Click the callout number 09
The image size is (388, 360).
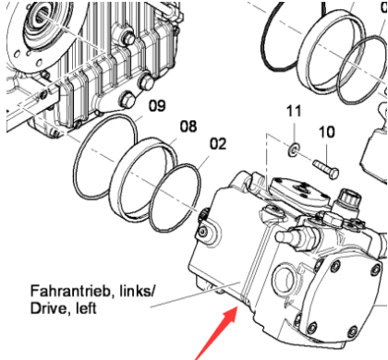click(x=157, y=105)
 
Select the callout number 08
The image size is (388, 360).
click(x=188, y=126)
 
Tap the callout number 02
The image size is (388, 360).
click(x=218, y=144)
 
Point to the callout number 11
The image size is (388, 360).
click(x=294, y=111)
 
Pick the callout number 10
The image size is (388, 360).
click(x=327, y=132)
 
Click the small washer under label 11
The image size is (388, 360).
click(x=294, y=150)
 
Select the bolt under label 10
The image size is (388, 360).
click(x=326, y=169)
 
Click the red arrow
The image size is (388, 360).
click(x=216, y=333)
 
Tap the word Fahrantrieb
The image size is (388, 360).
click(x=70, y=291)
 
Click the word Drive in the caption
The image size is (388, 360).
click(x=48, y=308)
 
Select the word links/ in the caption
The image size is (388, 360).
click(x=135, y=291)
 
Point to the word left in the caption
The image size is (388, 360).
click(x=86, y=308)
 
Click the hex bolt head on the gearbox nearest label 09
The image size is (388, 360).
click(x=127, y=100)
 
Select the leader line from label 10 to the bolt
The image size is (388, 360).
click(x=327, y=149)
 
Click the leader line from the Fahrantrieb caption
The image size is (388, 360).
click(x=195, y=294)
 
